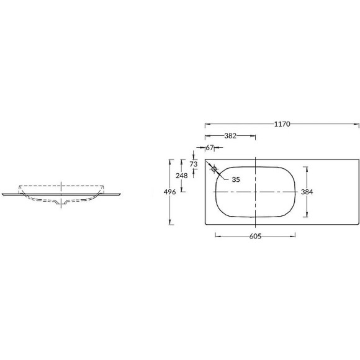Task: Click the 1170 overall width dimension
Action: tap(282, 124)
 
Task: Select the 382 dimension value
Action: tap(230, 136)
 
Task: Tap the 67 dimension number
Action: tap(209, 148)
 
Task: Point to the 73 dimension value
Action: tap(194, 164)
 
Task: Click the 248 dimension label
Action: tap(182, 176)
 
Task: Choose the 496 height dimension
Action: tap(169, 192)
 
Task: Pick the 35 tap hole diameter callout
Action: tap(236, 179)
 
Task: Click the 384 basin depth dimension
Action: tap(307, 192)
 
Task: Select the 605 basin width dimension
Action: tap(255, 236)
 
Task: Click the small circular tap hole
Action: tap(214, 169)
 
